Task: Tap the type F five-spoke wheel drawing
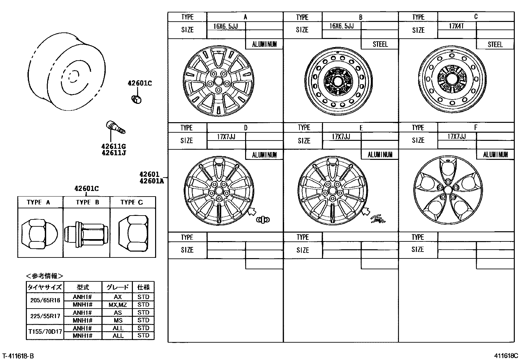point(448,190)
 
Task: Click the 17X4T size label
point(456,26)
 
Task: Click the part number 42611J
point(114,153)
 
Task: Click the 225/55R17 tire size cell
point(45,316)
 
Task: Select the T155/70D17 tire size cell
point(45,332)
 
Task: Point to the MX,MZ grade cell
point(117,305)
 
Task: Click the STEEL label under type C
point(495,45)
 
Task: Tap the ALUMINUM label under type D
point(264,155)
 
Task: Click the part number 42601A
point(152,181)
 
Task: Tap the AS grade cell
point(117,313)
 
